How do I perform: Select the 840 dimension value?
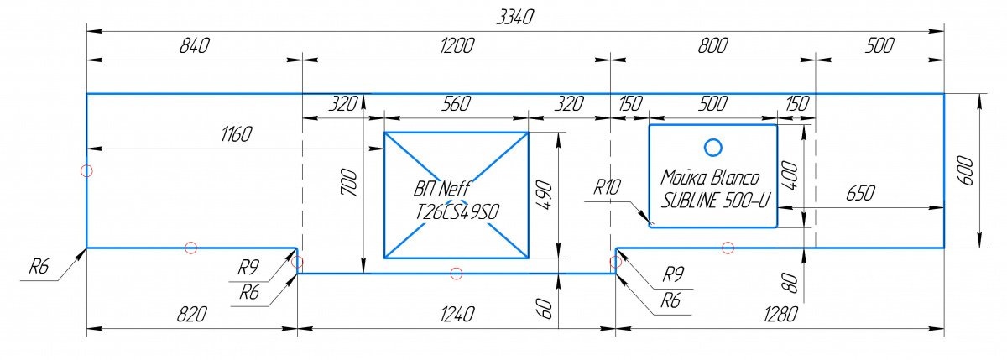(x=194, y=46)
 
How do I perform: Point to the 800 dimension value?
(x=712, y=46)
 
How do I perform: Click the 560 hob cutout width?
(x=454, y=104)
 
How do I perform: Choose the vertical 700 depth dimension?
(x=351, y=183)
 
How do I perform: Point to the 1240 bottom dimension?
(x=457, y=315)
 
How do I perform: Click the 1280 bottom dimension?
(x=780, y=315)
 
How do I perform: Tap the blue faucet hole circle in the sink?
(x=712, y=148)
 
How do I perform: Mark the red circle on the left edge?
(x=86, y=170)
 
